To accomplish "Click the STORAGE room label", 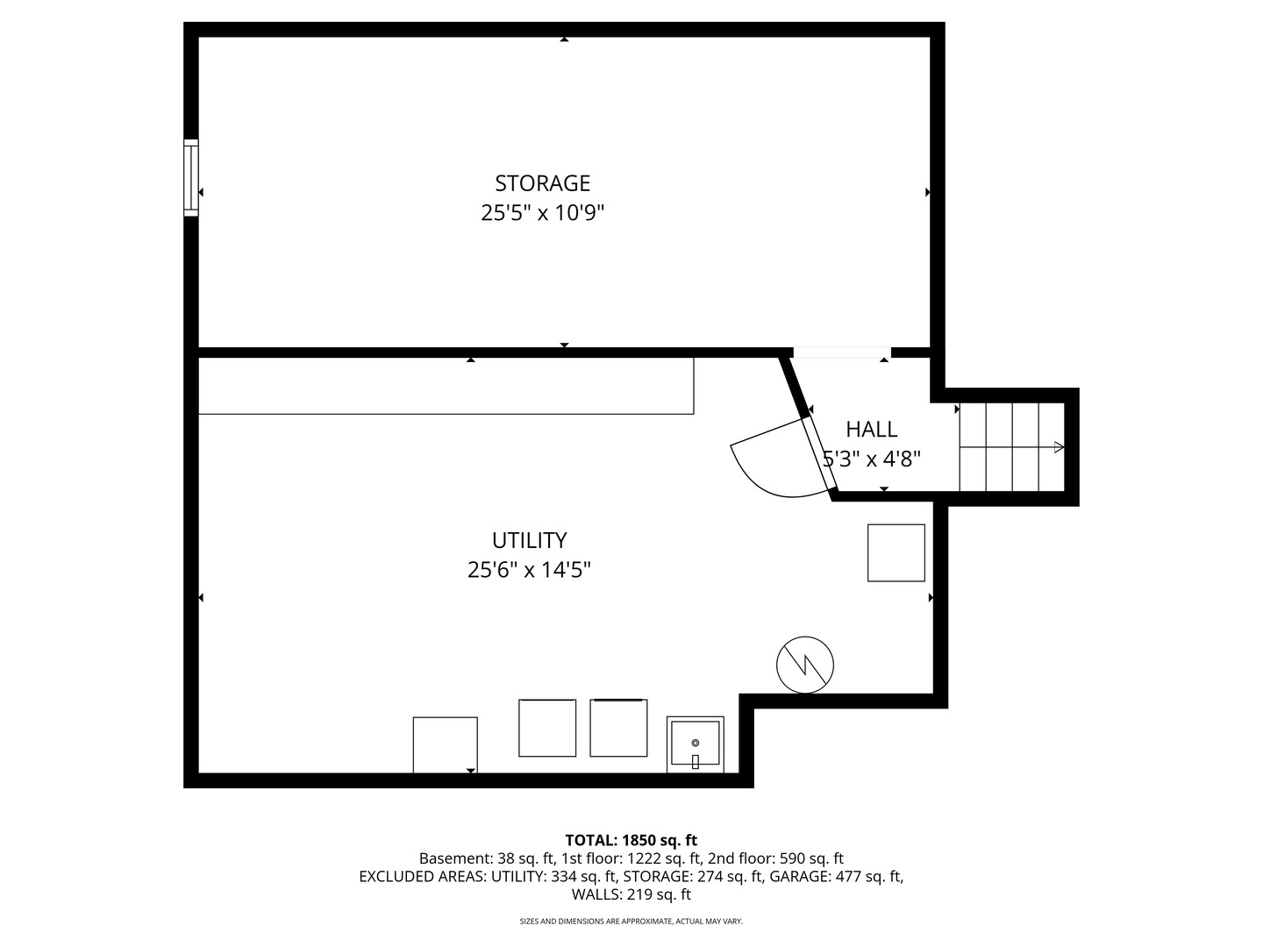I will tap(542, 183).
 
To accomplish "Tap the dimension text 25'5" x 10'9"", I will tap(542, 213).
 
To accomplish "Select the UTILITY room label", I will tap(529, 540).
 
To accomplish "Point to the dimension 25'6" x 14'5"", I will tap(529, 570).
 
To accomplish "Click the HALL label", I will tap(871, 430).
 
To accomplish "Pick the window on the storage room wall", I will tap(190, 177).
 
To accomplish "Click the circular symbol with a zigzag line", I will tap(804, 666).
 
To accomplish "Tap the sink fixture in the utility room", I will tap(695, 744).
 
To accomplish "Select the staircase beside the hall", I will tap(1011, 447).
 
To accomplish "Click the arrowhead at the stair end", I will tap(1059, 447).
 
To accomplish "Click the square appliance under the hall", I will tap(896, 552).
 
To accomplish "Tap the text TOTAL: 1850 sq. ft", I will tap(631, 840).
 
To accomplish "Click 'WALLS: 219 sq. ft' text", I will tap(631, 894).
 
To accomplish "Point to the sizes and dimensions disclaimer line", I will tap(631, 922).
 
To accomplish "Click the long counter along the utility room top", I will tap(446, 386).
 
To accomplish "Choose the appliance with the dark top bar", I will tap(618, 727).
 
